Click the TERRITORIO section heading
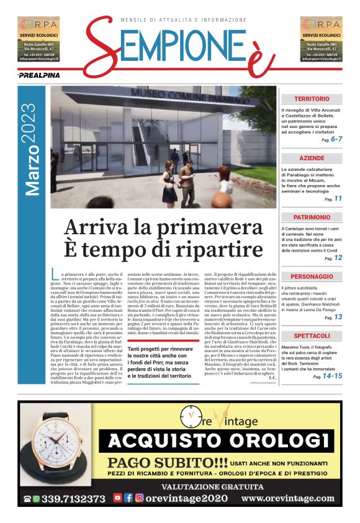tap(312, 99)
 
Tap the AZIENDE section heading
tap(312, 158)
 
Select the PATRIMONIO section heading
tap(312, 217)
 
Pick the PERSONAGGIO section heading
tap(312, 276)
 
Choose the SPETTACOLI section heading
tap(312, 335)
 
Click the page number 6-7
tap(336, 139)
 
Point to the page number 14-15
tap(333, 376)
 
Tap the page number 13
tap(338, 317)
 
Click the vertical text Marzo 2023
tap(32, 150)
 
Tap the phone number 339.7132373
tap(73, 498)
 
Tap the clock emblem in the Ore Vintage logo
tap(189, 416)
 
